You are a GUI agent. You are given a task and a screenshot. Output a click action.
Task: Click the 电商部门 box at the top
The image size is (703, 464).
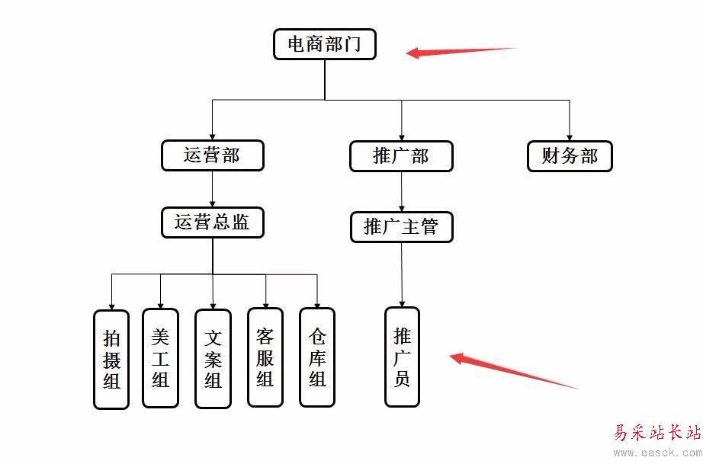[x=325, y=44]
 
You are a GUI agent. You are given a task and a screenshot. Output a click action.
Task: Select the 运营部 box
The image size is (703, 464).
[x=212, y=155]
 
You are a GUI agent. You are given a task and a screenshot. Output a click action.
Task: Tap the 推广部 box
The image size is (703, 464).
[x=401, y=156]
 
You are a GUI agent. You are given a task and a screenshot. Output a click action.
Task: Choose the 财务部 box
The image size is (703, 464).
[x=570, y=156]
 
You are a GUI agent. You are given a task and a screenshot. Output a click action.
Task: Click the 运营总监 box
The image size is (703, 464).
[x=213, y=223]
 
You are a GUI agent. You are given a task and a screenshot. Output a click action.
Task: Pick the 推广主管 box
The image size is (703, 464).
[x=401, y=227]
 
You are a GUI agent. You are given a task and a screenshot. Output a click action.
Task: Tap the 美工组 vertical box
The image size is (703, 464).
[x=160, y=358]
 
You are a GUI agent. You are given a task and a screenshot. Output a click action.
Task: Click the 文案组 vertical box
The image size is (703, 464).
[x=213, y=358]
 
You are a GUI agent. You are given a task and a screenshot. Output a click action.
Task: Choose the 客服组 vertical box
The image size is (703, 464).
[x=265, y=357]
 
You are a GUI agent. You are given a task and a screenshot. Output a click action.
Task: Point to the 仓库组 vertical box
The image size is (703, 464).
[x=317, y=358]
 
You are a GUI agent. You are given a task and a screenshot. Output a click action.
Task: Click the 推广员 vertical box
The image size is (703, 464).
[x=402, y=357]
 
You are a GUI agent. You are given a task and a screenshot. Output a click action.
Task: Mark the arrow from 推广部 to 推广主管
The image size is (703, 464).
[x=402, y=191]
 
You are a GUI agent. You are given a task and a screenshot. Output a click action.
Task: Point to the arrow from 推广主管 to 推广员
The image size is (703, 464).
[x=402, y=275]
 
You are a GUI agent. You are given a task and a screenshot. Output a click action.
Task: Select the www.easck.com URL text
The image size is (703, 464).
[x=656, y=453]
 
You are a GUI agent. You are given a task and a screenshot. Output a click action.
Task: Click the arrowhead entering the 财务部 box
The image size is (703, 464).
[x=570, y=136]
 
